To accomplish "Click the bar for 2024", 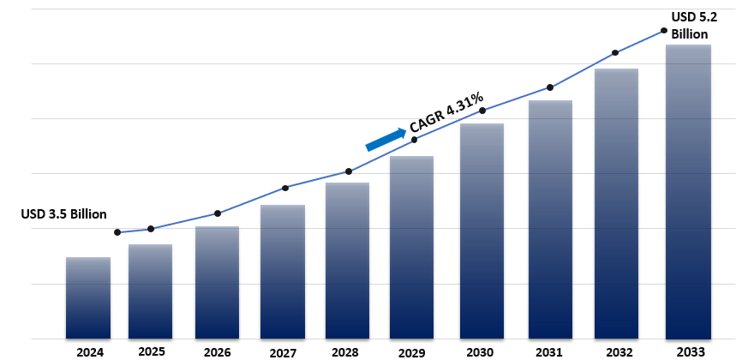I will (x=88, y=297).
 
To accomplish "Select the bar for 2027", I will (x=283, y=272).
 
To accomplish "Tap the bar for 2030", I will (x=482, y=231).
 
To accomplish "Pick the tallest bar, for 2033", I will (x=688, y=192).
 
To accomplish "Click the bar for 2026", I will (x=217, y=282).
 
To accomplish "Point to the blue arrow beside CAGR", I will (x=385, y=139).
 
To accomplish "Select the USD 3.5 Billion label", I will (x=64, y=214).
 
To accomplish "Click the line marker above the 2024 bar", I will (x=117, y=232).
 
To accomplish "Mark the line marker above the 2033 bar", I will (x=664, y=31).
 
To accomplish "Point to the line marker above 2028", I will (x=349, y=171).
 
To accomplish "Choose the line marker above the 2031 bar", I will (x=549, y=87).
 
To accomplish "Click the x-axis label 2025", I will (x=151, y=351).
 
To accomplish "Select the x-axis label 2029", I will (x=412, y=351).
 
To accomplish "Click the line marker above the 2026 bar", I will (x=218, y=213).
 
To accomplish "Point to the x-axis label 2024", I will (x=88, y=351).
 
